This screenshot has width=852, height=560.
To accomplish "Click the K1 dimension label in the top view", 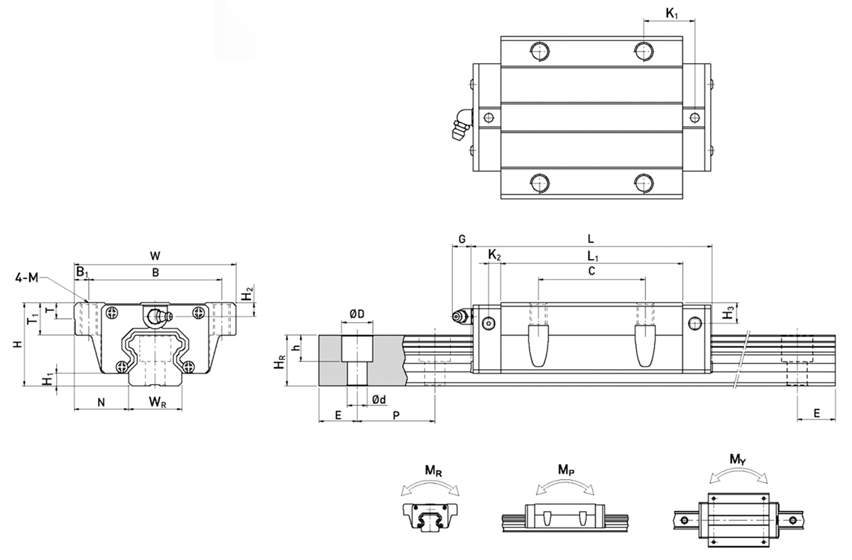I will [x=672, y=12].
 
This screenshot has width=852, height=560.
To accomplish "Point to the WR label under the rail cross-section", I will [x=158, y=403].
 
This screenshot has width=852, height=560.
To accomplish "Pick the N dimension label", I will [x=101, y=402].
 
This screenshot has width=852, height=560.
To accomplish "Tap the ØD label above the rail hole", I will [x=357, y=313].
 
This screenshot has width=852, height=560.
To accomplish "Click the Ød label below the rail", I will [x=379, y=400].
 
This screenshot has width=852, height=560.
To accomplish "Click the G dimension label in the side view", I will [x=461, y=240].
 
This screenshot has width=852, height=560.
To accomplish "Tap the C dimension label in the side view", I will [x=591, y=271].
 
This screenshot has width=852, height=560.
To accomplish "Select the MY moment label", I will [x=737, y=461].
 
